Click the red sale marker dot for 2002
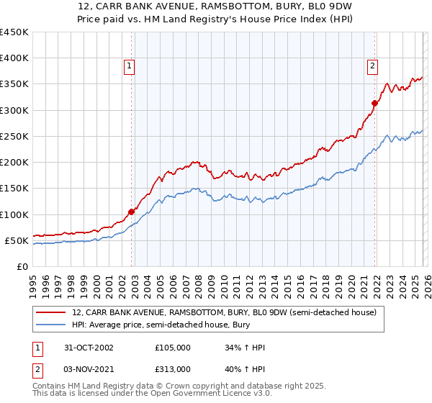[132, 212]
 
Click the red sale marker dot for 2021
[374, 104]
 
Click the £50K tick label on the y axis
[17, 240]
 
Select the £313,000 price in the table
[173, 368]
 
